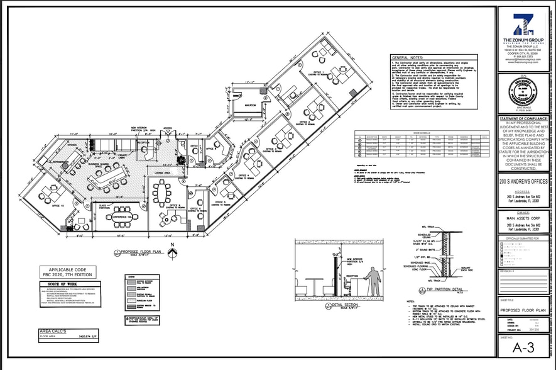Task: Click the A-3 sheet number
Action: click(x=523, y=346)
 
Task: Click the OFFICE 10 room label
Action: click(x=58, y=205)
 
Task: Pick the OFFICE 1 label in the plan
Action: click(x=319, y=72)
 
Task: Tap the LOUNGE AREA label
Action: click(x=163, y=171)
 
